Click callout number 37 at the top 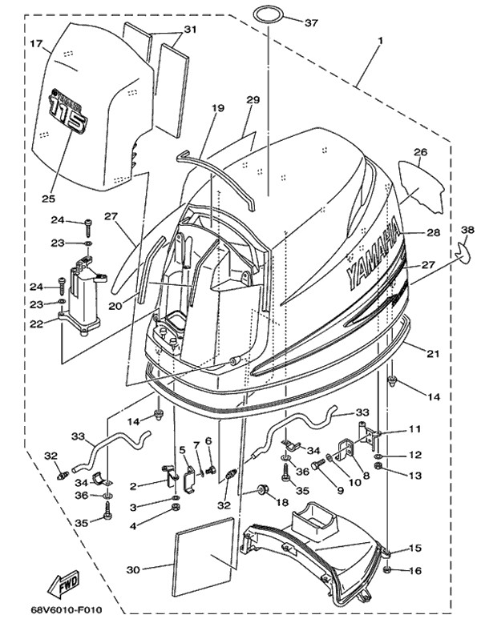pyautogui.click(x=311, y=22)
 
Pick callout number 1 pyautogui.click(x=380, y=39)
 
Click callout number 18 pyautogui.click(x=281, y=502)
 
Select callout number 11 pyautogui.click(x=414, y=429)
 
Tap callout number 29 pyautogui.click(x=253, y=100)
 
